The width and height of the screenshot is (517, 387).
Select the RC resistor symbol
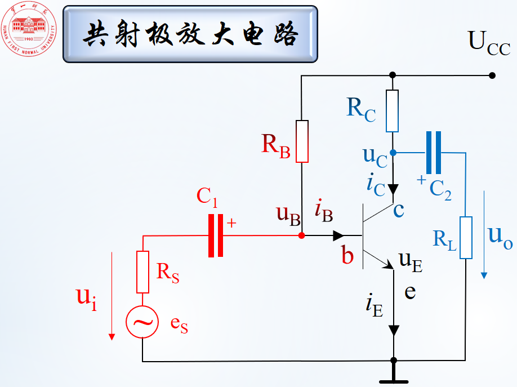(393, 110)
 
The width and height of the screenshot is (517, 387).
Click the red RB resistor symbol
(302, 141)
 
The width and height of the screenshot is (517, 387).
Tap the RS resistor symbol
(142, 272)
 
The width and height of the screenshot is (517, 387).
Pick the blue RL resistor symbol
(466, 237)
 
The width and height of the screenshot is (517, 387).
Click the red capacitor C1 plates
(216, 235)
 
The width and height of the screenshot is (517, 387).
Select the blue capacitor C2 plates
(433, 153)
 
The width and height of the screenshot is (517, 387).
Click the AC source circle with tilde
(142, 322)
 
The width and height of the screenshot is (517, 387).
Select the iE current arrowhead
(394, 330)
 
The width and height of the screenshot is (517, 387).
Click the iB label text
(324, 211)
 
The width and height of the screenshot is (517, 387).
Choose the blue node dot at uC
(393, 153)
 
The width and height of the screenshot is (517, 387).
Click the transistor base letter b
(347, 256)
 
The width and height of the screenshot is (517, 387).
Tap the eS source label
(179, 326)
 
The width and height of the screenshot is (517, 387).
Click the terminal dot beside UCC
(492, 75)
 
